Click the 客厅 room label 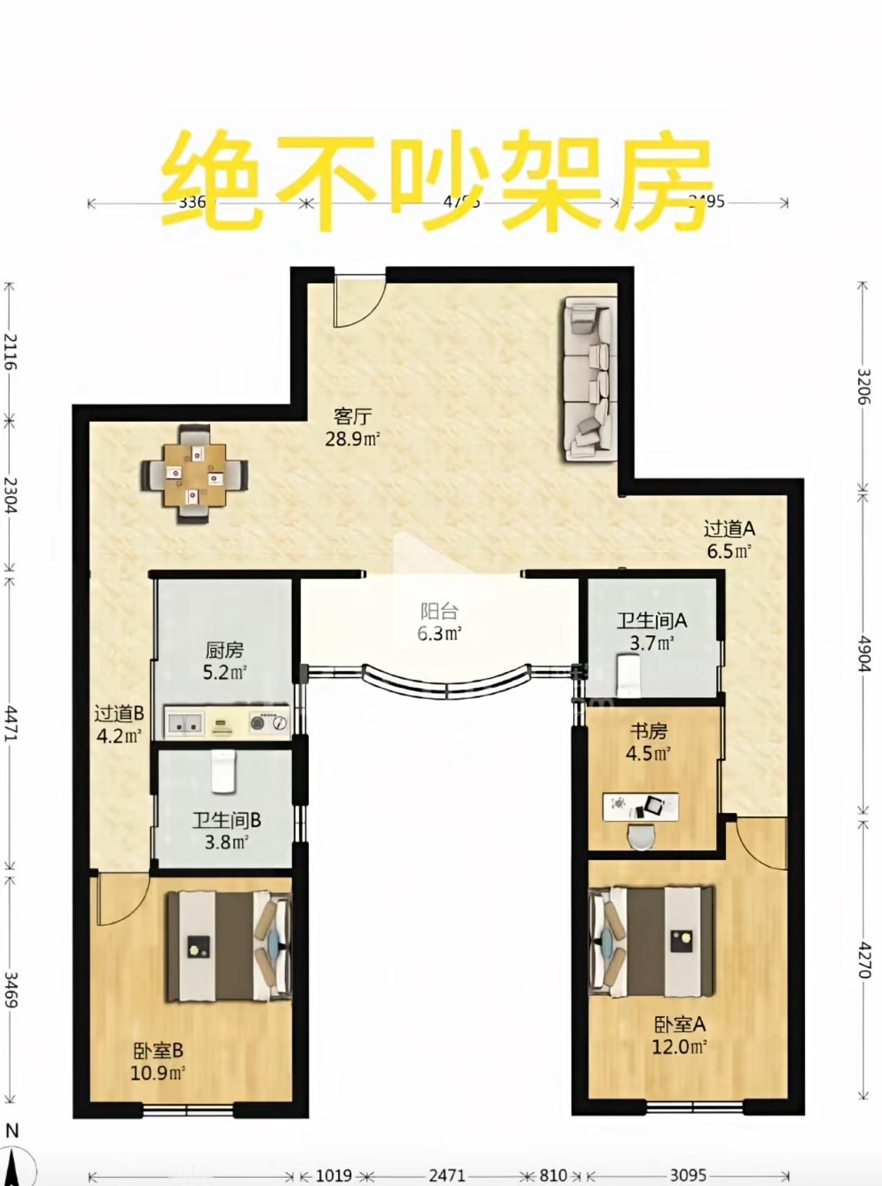[352, 417]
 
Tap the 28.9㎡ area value [352, 439]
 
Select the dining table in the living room [195, 475]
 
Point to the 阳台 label [439, 612]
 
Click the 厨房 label [225, 651]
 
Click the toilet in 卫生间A [630, 675]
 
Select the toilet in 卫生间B [223, 772]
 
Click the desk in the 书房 [640, 806]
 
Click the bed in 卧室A [651, 941]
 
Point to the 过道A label [729, 529]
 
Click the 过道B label [119, 714]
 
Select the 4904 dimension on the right [864, 654]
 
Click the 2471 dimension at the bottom [447, 1175]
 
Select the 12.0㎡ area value [679, 1047]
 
